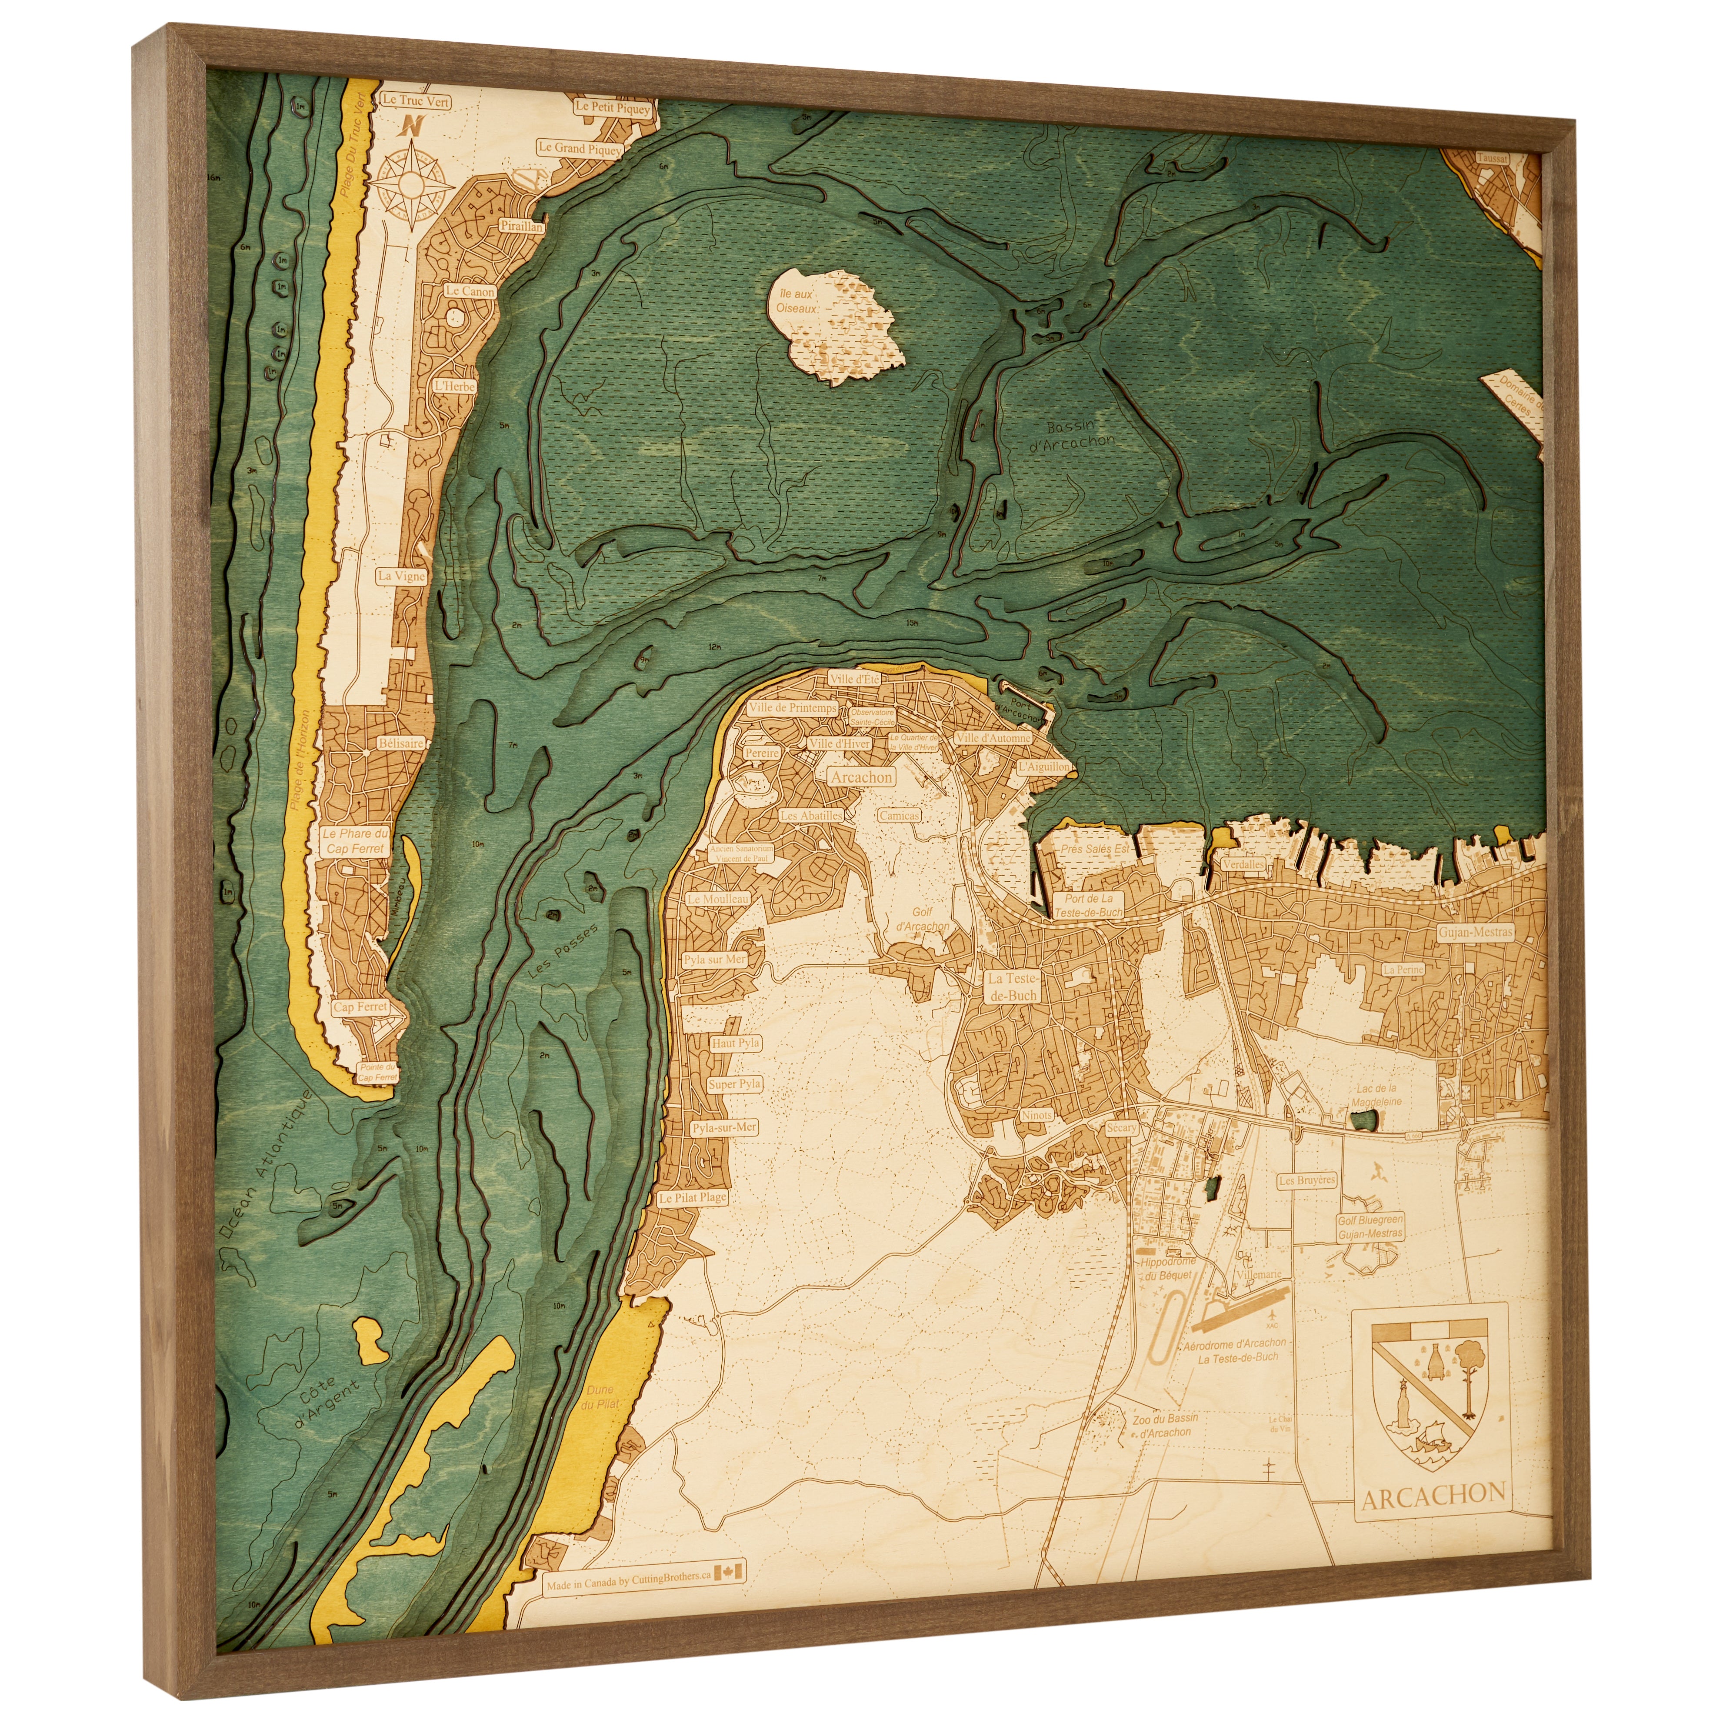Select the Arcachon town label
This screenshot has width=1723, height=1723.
point(860,777)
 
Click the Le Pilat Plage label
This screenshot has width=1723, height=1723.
point(693,1199)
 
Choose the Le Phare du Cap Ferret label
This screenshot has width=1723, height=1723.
point(356,841)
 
